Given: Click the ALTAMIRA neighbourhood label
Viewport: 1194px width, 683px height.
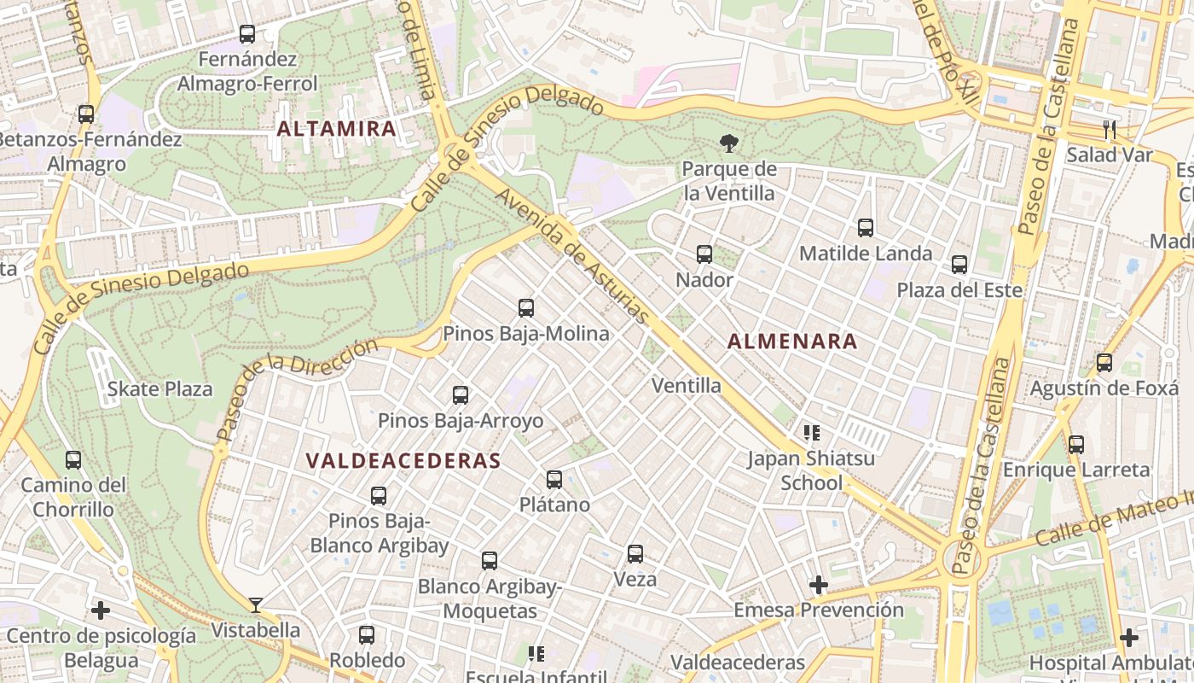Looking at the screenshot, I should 337,129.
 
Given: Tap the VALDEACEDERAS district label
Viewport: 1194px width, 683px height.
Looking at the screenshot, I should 403,461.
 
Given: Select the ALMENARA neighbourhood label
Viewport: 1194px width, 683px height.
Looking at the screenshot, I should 792,341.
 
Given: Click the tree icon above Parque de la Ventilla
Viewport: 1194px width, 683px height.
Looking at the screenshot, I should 728,143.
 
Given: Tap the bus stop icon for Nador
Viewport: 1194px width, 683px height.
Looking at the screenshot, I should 704,254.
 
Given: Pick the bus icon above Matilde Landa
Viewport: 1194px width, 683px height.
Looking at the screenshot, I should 866,228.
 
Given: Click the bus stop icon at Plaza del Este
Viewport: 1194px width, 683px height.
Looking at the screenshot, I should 959,265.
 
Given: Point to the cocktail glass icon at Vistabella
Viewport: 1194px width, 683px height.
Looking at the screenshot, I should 256,605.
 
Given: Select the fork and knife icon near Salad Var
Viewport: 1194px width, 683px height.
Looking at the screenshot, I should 1109,130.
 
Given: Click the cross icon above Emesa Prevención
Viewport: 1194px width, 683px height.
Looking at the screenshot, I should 819,585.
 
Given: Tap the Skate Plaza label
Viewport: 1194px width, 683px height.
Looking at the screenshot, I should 160,389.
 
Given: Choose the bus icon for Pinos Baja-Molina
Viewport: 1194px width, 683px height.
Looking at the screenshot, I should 526,308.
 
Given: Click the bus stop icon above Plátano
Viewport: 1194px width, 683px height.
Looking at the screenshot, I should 554,480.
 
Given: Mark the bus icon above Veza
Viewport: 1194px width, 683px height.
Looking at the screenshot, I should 635,554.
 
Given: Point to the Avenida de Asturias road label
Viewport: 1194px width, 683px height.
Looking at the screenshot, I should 573,255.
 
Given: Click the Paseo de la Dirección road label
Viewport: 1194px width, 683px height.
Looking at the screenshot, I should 298,388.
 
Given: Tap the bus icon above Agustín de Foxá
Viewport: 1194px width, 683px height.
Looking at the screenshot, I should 1104,363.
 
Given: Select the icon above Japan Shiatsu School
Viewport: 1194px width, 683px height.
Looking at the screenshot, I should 811,433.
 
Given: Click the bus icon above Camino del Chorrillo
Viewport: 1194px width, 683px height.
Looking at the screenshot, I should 73,460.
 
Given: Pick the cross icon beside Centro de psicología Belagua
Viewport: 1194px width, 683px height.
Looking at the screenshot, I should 101,610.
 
